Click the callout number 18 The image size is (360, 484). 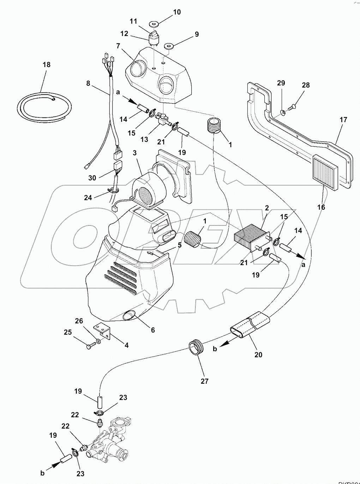click(x=47, y=65)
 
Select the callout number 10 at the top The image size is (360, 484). click(x=177, y=12)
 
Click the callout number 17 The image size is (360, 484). click(x=343, y=120)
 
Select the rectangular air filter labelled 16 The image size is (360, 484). click(x=325, y=168)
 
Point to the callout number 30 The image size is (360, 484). click(x=92, y=178)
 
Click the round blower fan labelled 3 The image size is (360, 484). click(x=145, y=192)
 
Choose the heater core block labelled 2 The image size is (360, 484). click(x=251, y=238)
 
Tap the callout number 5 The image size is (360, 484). click(x=180, y=244)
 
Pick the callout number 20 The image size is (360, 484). click(x=258, y=354)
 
